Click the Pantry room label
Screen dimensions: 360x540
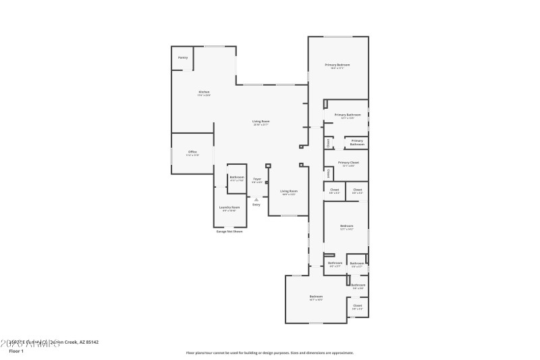tap(183, 58)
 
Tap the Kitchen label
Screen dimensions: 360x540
tap(204, 93)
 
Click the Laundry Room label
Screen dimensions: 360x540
tap(230, 208)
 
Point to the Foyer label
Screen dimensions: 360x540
tap(257, 180)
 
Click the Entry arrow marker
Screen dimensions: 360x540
tap(256, 199)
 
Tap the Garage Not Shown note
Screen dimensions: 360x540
tap(230, 231)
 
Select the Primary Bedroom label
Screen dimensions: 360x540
tap(337, 66)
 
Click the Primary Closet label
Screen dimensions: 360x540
tap(348, 163)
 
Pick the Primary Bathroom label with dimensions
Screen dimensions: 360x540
tap(348, 115)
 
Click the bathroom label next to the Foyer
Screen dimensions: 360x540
tap(237, 178)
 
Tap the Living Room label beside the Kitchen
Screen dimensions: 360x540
tap(261, 122)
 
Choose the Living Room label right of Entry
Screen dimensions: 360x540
tap(289, 192)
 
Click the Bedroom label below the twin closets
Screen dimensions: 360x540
tap(346, 226)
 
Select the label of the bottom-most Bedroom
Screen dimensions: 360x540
tap(316, 297)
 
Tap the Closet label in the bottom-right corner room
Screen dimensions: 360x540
tap(357, 306)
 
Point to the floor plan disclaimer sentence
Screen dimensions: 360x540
tap(269, 353)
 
